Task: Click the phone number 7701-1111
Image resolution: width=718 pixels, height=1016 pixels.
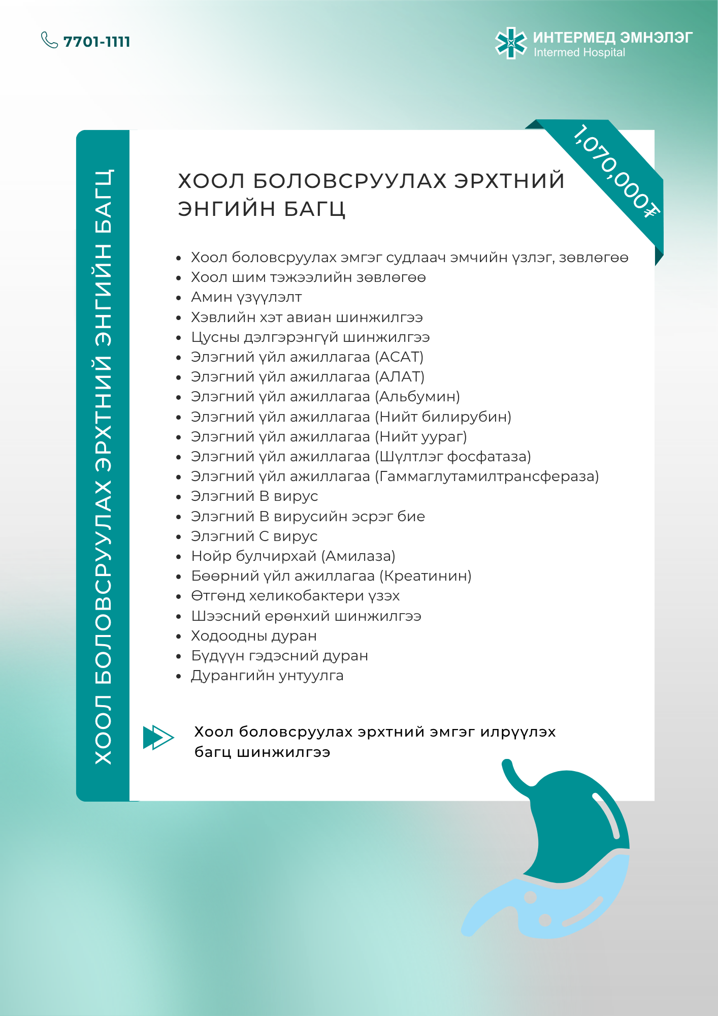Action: [96, 42]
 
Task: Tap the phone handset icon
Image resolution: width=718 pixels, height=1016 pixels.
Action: [49, 40]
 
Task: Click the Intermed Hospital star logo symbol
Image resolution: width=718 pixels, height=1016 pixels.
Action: [511, 43]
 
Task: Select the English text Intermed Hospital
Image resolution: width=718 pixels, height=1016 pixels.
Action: [579, 53]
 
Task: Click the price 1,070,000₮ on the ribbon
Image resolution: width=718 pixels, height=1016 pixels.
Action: [615, 170]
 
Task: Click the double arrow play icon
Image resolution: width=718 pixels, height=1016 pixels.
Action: [158, 737]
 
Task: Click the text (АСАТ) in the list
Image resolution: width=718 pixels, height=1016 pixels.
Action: [399, 357]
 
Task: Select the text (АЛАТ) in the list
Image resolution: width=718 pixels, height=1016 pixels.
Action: [400, 377]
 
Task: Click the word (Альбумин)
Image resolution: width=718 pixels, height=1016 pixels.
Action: [417, 397]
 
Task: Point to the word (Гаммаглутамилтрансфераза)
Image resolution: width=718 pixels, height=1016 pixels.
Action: [487, 477]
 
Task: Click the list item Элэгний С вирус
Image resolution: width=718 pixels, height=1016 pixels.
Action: [254, 536]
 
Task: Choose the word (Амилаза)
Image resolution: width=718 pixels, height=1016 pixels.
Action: [357, 556]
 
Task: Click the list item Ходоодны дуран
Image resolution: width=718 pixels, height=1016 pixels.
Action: [254, 636]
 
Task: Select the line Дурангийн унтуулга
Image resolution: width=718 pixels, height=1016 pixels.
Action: [267, 676]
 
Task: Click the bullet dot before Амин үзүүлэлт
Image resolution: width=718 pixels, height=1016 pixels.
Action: [179, 298]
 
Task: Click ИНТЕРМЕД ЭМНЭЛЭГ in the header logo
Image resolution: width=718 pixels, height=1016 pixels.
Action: [612, 38]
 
